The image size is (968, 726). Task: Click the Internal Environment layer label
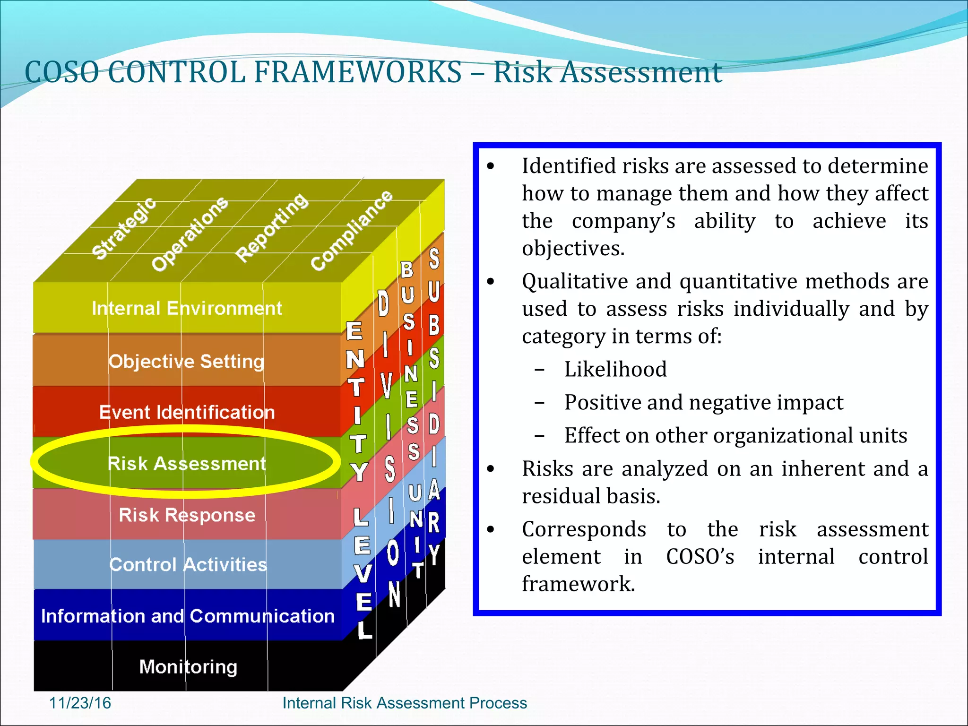pyautogui.click(x=187, y=309)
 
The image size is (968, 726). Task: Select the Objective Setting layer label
pyautogui.click(x=186, y=362)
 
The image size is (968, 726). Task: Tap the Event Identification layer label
pyautogui.click(x=187, y=412)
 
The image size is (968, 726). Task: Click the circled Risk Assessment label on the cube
pyautogui.click(x=187, y=464)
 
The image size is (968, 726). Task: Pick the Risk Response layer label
pyautogui.click(x=187, y=515)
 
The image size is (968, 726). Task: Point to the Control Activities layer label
pyautogui.click(x=188, y=565)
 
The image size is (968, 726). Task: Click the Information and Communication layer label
pyautogui.click(x=188, y=616)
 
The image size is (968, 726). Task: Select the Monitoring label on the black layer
pyautogui.click(x=188, y=667)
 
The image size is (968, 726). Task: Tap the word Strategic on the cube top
pyautogui.click(x=124, y=228)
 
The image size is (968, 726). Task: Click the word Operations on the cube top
pyautogui.click(x=190, y=234)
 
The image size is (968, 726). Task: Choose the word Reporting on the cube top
pyautogui.click(x=272, y=227)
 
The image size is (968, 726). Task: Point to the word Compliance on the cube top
pyautogui.click(x=352, y=230)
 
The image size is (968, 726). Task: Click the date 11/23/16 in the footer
pyautogui.click(x=80, y=703)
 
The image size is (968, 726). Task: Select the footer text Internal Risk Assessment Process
pyautogui.click(x=404, y=703)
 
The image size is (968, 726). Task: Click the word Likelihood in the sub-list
pyautogui.click(x=615, y=369)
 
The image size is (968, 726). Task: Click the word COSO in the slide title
pyautogui.click(x=62, y=72)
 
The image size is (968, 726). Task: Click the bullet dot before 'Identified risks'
pyautogui.click(x=491, y=166)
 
